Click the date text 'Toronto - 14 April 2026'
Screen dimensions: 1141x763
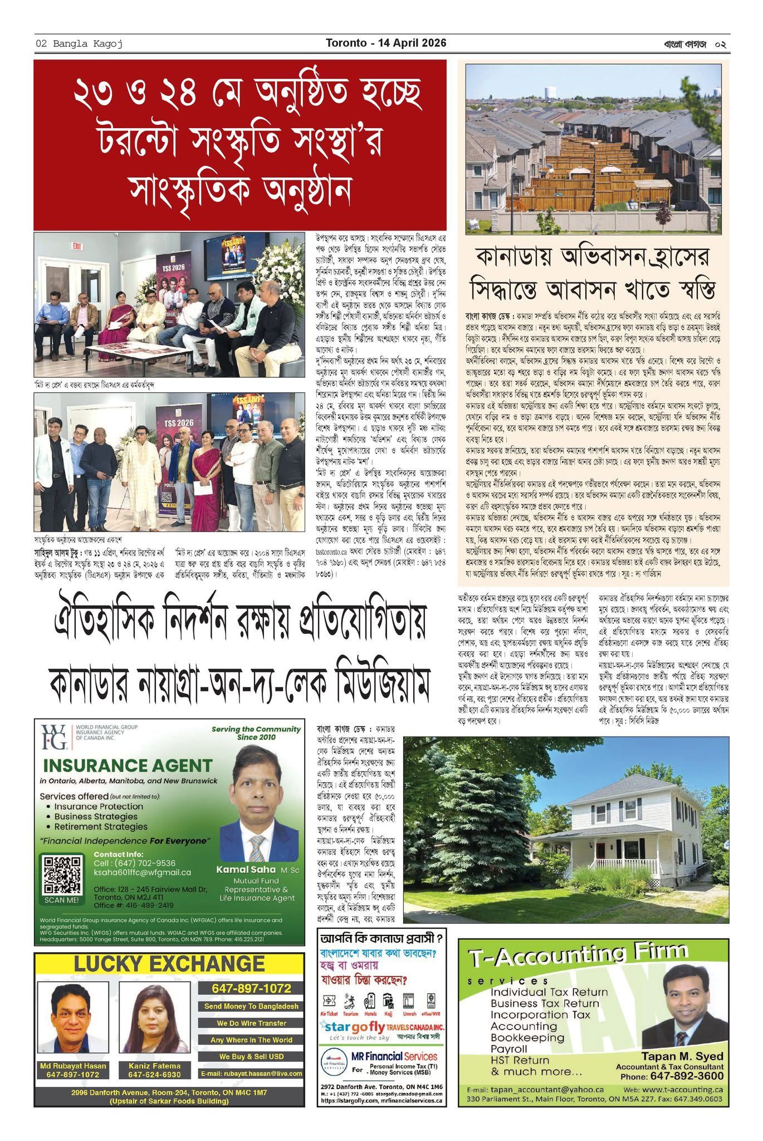pos(386,43)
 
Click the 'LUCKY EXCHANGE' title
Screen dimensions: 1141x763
pos(169,964)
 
